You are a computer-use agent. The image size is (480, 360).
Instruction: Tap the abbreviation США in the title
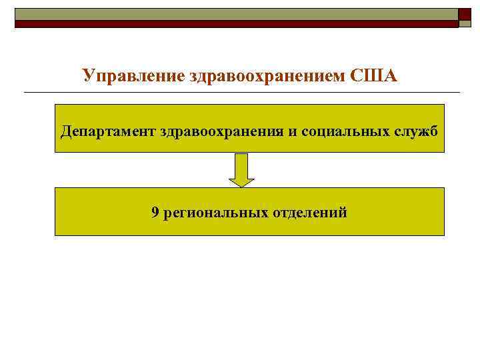click(x=373, y=75)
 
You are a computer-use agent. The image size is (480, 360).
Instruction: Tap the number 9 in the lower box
click(x=155, y=213)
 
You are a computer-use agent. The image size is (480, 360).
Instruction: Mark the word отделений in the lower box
click(x=310, y=213)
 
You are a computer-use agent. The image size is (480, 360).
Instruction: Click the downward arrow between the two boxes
click(x=242, y=169)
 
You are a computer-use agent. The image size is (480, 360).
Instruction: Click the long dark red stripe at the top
click(x=237, y=24)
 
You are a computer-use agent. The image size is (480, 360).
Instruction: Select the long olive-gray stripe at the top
click(x=237, y=14)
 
